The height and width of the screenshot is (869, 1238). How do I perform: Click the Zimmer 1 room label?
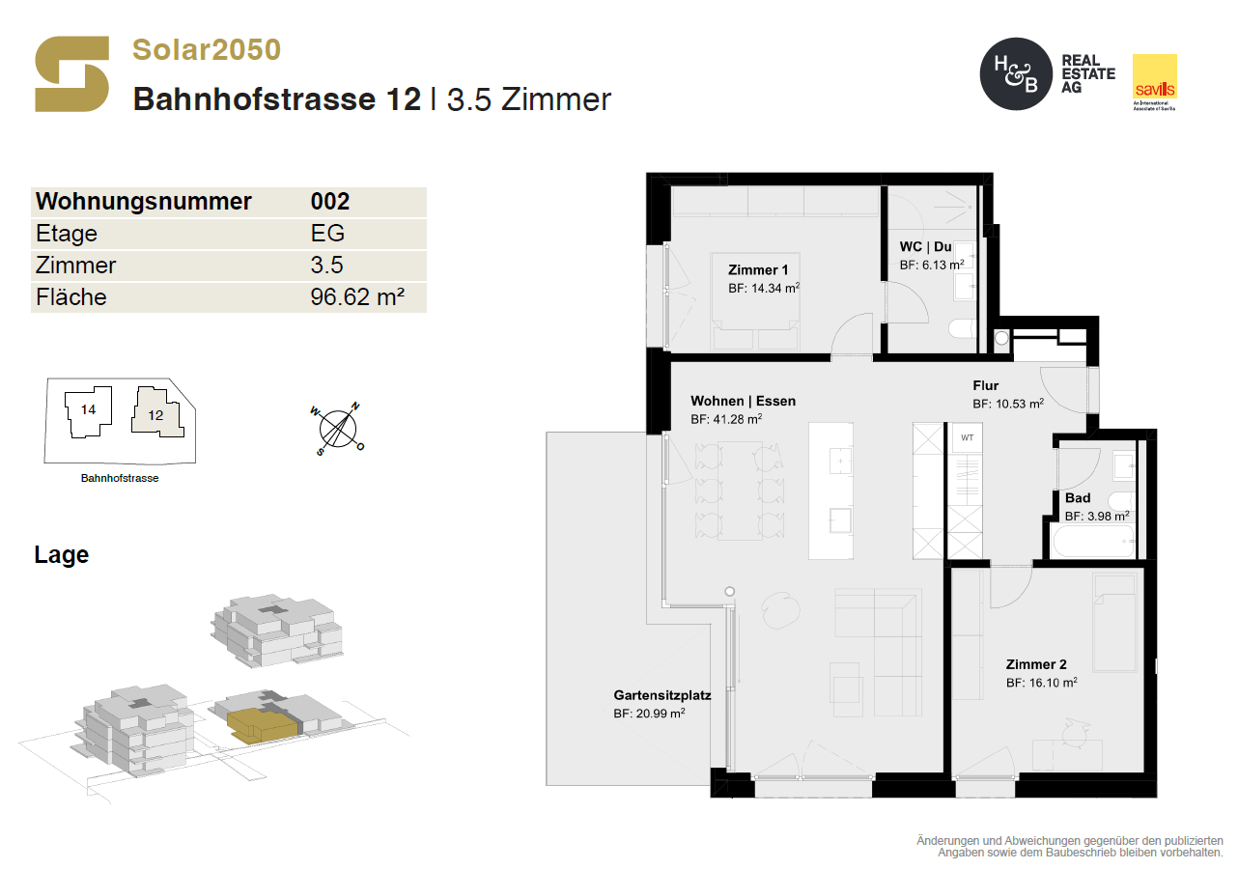(x=758, y=270)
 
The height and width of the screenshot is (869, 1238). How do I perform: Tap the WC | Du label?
(x=925, y=247)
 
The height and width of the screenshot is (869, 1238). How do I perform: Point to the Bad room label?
(x=1078, y=498)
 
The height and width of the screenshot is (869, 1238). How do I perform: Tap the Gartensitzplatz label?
(x=662, y=695)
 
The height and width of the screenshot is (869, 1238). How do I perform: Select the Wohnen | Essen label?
(x=743, y=401)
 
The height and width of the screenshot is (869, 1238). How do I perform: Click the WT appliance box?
(x=967, y=438)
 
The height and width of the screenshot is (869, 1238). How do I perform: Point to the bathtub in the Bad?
(x=1094, y=542)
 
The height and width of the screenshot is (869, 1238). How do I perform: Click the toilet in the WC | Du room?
(x=963, y=330)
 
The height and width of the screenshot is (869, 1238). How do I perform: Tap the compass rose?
(x=338, y=429)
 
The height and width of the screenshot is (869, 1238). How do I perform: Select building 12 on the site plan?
(x=157, y=412)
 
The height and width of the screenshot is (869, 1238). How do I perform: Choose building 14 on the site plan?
(x=89, y=411)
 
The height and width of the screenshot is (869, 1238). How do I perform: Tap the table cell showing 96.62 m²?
(x=357, y=297)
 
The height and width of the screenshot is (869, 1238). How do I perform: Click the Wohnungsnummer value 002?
(x=330, y=201)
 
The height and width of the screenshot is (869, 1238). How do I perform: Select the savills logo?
(x=1155, y=82)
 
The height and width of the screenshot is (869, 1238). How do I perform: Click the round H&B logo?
(x=1016, y=74)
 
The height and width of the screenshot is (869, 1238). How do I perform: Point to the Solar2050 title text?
(x=207, y=49)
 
